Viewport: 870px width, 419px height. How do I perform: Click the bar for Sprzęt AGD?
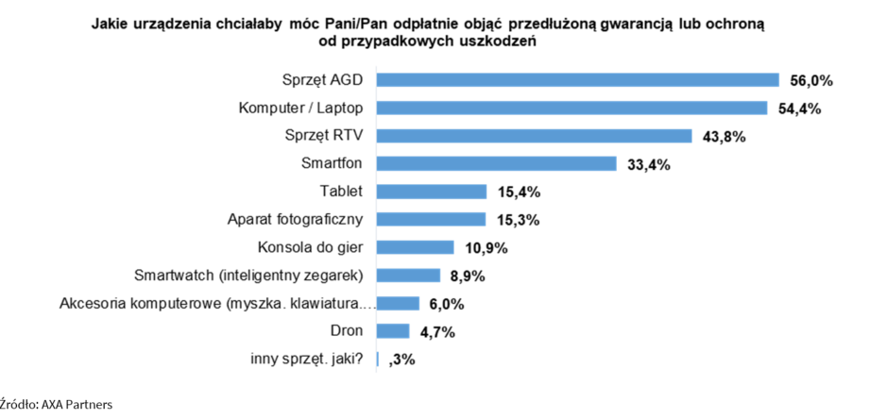tap(578, 80)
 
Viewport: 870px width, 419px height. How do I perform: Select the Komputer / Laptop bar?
tap(572, 108)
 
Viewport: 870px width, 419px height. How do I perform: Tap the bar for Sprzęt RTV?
tap(535, 136)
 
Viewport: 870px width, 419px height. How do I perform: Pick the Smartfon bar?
tap(497, 164)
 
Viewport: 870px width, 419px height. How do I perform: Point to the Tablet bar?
tap(432, 192)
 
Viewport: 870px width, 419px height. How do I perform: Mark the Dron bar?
tap(393, 331)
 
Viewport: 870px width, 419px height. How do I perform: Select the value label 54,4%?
tap(798, 109)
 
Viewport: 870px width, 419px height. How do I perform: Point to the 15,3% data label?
tap(517, 220)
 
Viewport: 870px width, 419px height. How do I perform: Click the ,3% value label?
tap(401, 360)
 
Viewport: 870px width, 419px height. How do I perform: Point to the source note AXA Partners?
tap(57, 404)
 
